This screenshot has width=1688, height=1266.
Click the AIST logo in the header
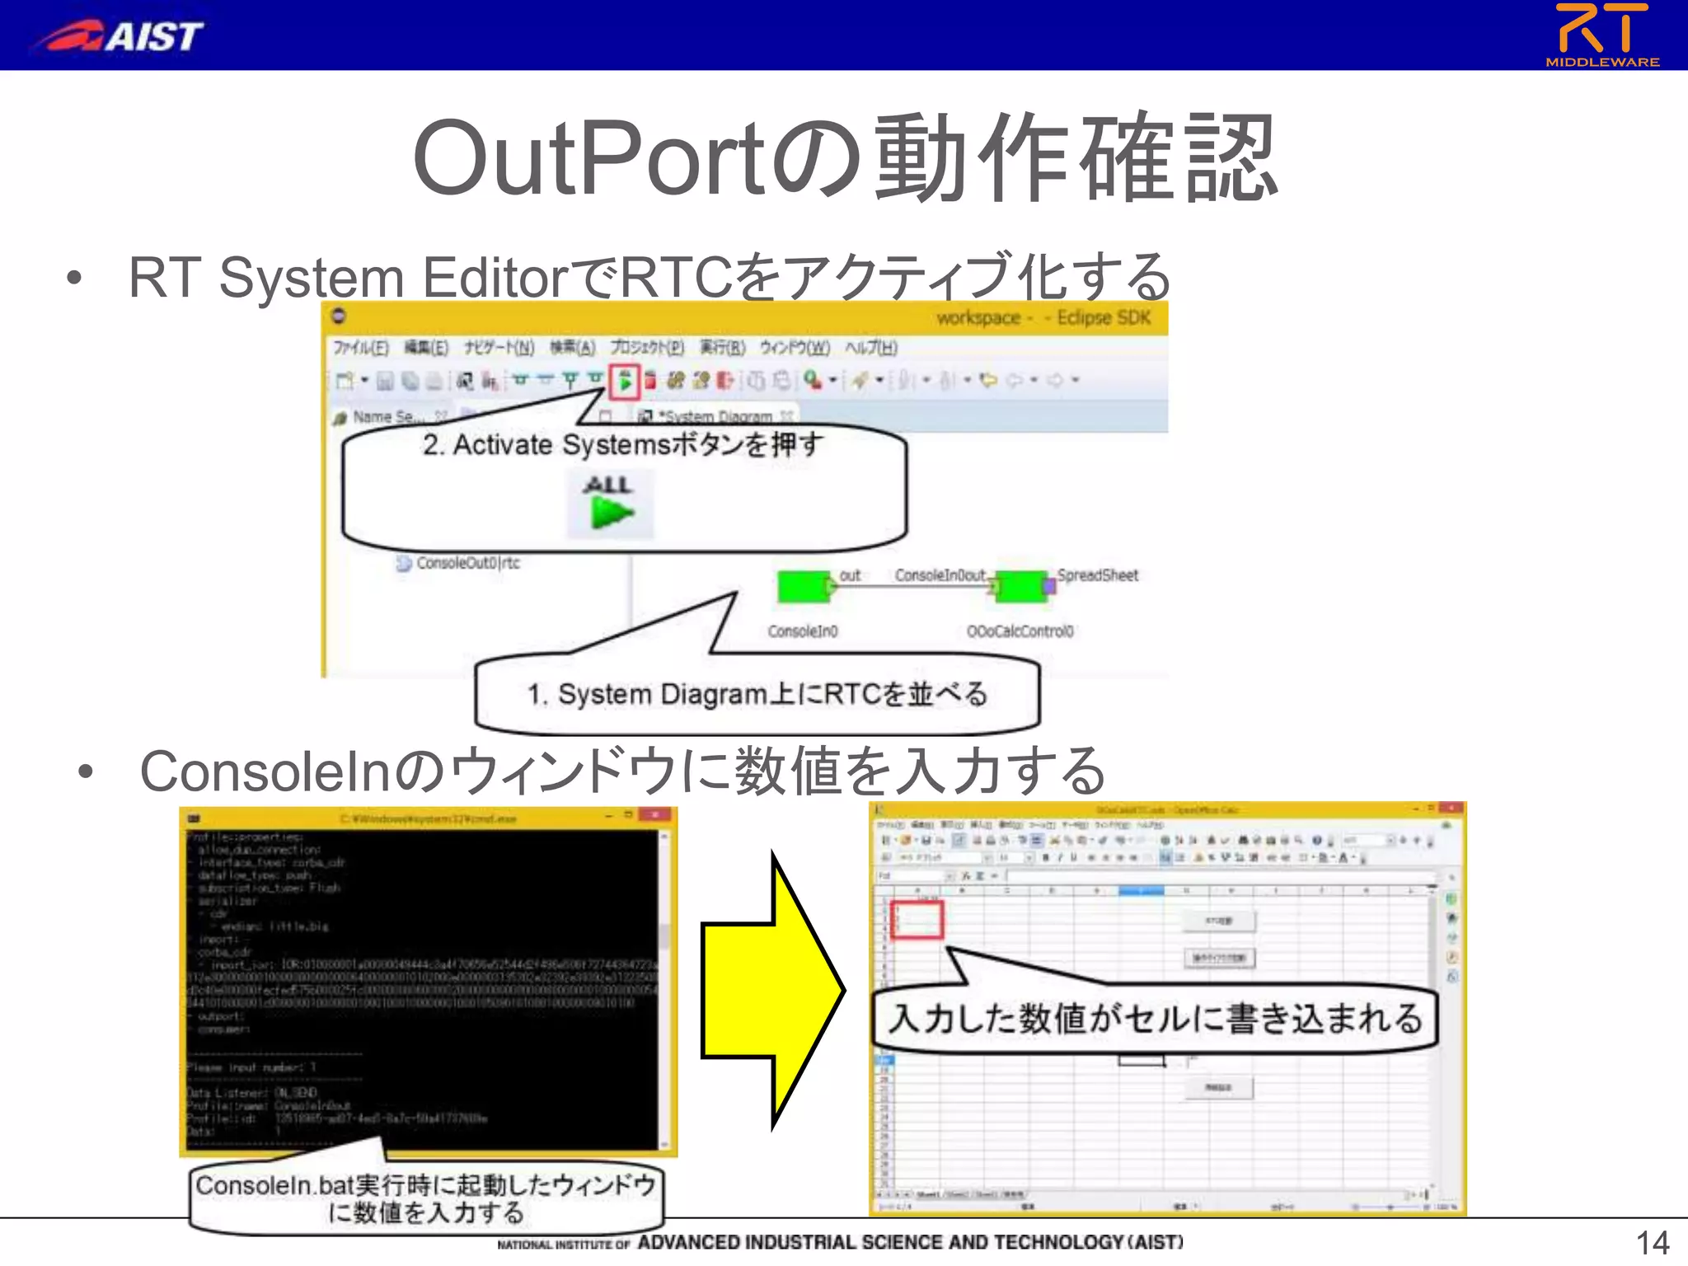119,36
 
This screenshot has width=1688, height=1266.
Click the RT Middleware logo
1602,35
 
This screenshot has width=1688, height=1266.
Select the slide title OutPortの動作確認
844,158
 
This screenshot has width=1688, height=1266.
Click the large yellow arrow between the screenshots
771,989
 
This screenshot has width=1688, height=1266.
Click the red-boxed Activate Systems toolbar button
625,381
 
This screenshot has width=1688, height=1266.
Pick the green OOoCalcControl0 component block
1020,586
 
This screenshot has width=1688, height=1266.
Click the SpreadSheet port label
1097,575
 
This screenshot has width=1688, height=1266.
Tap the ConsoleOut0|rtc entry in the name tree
467,563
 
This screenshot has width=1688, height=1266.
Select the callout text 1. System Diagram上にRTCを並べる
757,694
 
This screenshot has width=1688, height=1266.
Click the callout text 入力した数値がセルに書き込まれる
1156,1019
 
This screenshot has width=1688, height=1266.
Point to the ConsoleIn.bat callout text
425,1198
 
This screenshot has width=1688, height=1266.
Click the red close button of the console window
655,815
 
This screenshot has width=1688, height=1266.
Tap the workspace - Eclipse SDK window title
1043,318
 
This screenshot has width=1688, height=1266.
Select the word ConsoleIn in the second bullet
264,771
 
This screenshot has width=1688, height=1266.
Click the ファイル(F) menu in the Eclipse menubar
360,348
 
